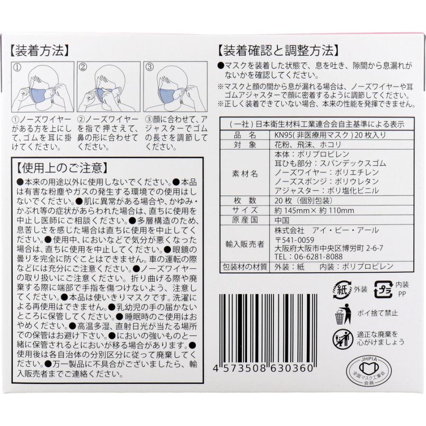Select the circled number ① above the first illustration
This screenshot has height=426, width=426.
click(18, 67)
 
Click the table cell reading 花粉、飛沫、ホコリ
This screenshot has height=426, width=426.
click(302, 144)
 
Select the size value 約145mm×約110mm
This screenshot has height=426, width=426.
click(314, 210)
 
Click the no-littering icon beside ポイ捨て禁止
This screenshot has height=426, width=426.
click(343, 313)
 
